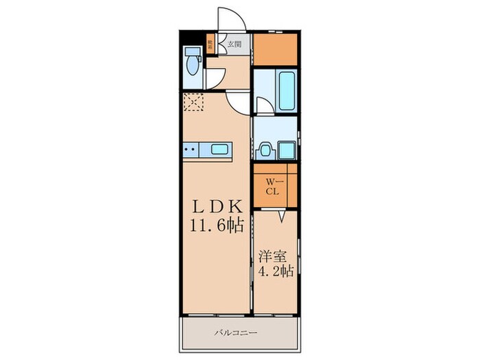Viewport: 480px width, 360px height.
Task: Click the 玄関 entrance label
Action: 235,45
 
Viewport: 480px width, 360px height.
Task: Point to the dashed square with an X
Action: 194,103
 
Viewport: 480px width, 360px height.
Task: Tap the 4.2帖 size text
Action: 276,272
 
